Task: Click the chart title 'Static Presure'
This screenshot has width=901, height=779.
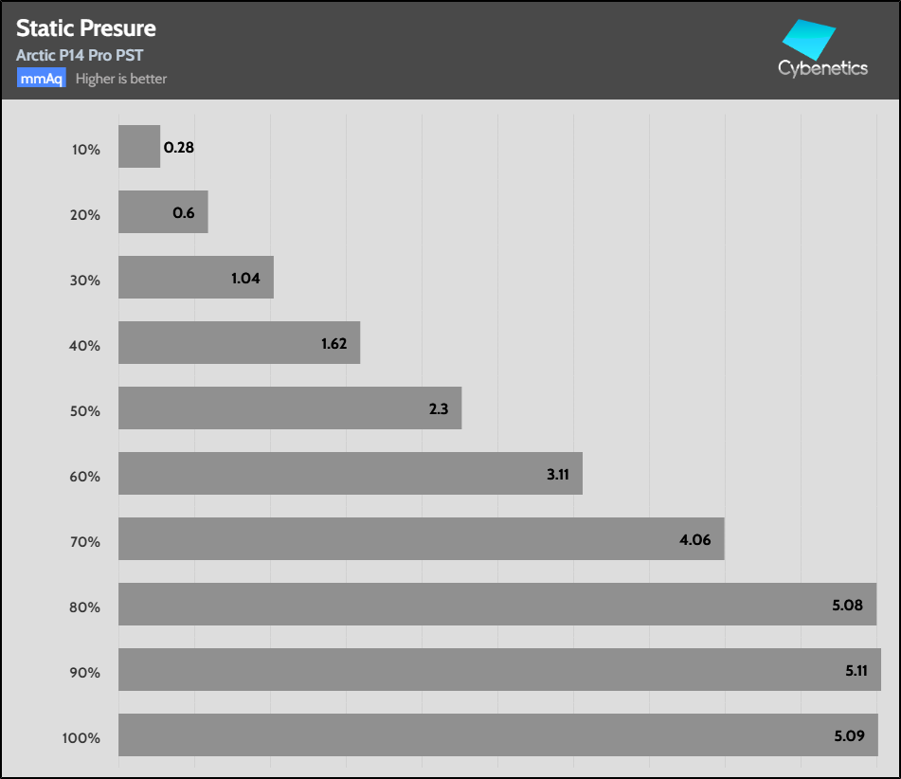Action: point(86,29)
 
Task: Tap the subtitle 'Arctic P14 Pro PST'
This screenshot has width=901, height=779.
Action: point(80,56)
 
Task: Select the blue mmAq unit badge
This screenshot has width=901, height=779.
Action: point(41,79)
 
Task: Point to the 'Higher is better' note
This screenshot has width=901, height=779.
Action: point(121,79)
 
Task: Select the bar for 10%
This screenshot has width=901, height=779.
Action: point(139,148)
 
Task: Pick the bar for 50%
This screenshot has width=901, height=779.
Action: point(290,408)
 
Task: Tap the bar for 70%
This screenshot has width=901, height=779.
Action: point(422,539)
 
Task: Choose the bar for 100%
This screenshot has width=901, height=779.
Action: point(498,735)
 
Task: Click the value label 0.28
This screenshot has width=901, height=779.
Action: point(179,148)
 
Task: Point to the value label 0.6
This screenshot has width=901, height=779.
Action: point(184,213)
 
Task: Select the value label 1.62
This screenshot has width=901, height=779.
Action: point(334,344)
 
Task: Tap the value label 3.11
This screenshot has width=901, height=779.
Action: point(558,474)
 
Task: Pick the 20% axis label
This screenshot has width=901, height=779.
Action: point(85,215)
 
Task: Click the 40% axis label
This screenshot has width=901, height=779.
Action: point(85,346)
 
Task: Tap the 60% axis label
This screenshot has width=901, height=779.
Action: point(85,476)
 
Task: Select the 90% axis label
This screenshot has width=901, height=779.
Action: point(85,673)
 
